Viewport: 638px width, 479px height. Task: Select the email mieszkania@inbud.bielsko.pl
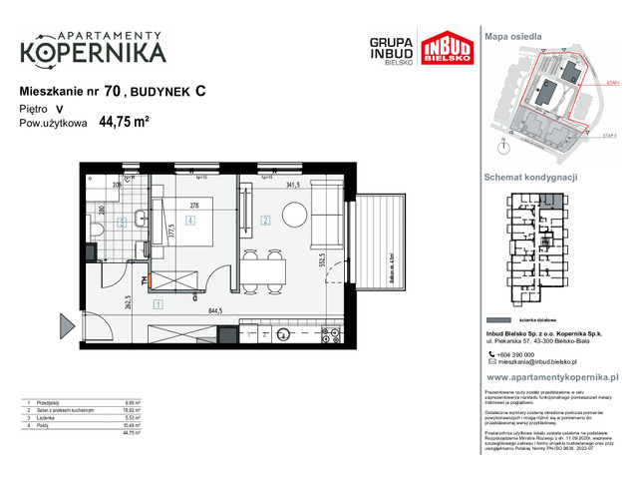tap(546, 362)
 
